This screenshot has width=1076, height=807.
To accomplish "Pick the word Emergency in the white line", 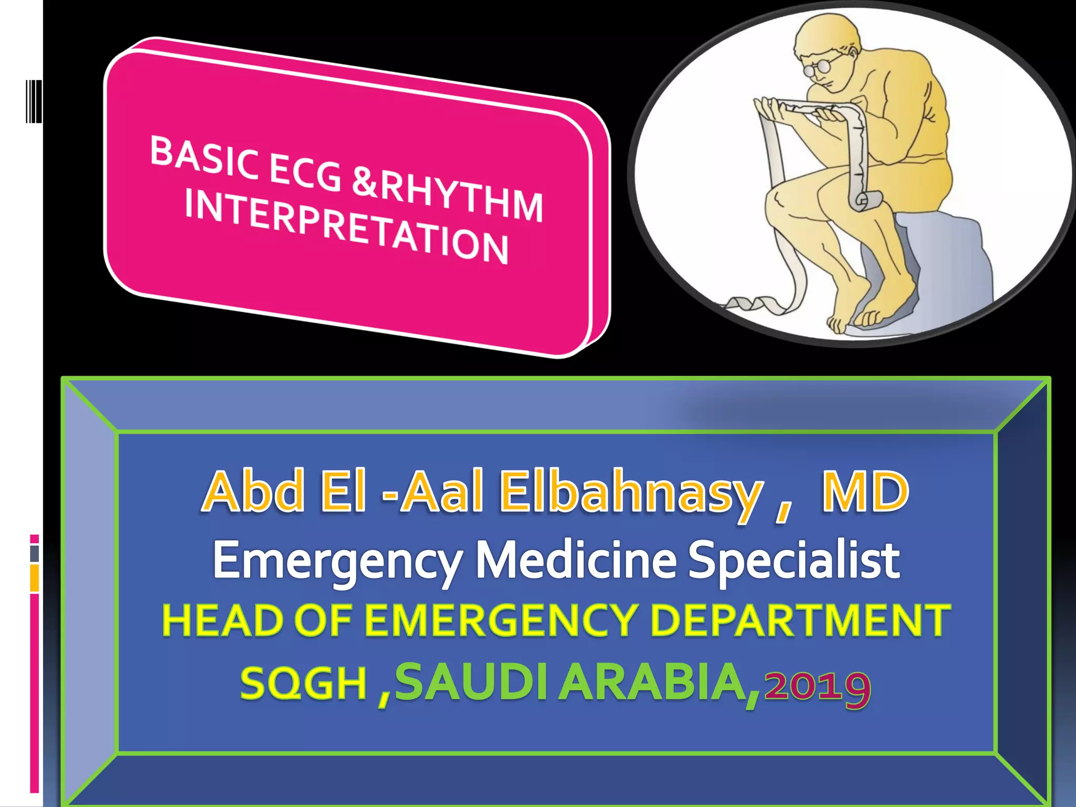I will [337, 561].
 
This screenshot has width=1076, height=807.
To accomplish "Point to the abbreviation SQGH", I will [303, 684].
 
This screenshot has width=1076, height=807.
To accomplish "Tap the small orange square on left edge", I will [35, 578].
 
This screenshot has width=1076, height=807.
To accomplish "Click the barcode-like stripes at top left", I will [34, 101].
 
